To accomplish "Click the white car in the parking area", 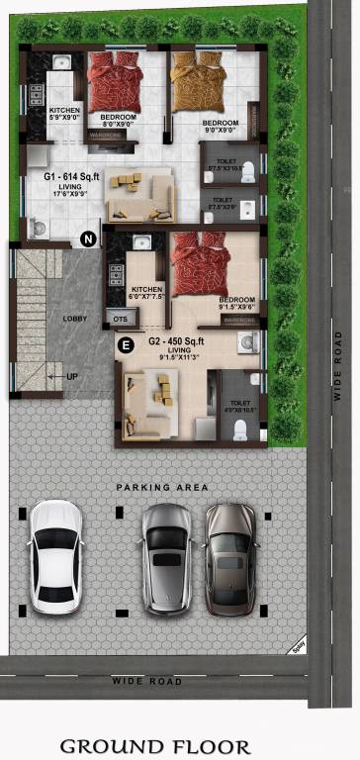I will [56, 556].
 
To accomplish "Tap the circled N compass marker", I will [88, 238].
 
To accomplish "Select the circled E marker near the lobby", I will [125, 344].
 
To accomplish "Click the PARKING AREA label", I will [162, 488].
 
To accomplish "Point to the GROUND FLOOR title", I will [155, 746].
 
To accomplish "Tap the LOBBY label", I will [75, 319].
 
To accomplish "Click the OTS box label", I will [122, 320].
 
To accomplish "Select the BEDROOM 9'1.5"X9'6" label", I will [237, 304].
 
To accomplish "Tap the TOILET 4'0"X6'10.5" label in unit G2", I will [240, 408].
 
